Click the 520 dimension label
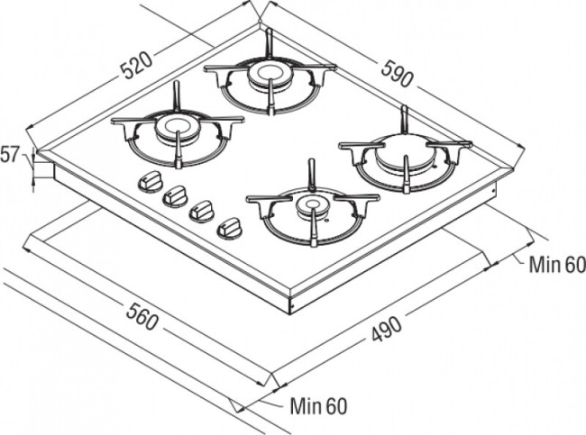[x=137, y=64]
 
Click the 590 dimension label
[x=397, y=75]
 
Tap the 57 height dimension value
[x=10, y=155]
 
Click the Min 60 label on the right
[x=556, y=264]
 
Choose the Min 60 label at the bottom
[x=318, y=406]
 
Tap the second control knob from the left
[x=175, y=195]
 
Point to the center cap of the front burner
[x=310, y=205]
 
